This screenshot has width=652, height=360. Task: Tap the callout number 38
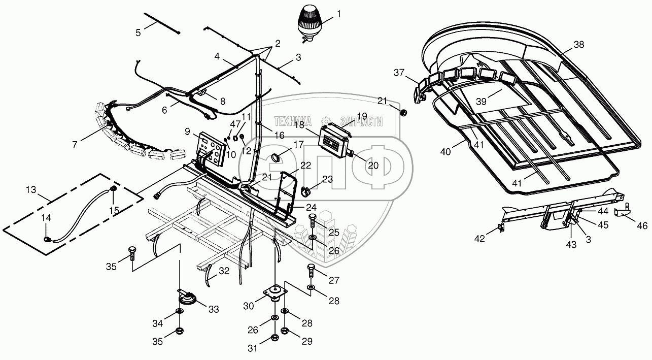(579, 45)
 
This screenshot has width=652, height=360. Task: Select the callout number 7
(75, 145)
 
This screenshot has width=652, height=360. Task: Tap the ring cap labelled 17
(277, 158)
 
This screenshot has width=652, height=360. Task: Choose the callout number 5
(138, 32)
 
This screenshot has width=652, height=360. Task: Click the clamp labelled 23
(306, 192)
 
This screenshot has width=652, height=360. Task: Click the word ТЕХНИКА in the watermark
(293, 121)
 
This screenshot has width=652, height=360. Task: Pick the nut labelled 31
(274, 338)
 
